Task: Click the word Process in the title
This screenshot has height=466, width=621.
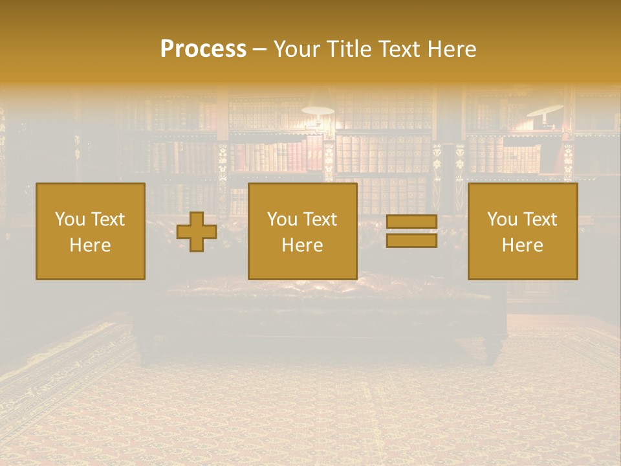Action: pyautogui.click(x=203, y=49)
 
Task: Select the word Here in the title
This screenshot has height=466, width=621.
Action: pyautogui.click(x=449, y=49)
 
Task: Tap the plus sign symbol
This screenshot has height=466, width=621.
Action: pyautogui.click(x=197, y=232)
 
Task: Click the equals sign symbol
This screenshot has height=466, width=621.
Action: pyautogui.click(x=411, y=231)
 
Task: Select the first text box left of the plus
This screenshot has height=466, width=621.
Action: pyautogui.click(x=91, y=231)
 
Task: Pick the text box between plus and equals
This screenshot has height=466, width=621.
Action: pyautogui.click(x=302, y=231)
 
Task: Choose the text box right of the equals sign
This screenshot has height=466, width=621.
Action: pyautogui.click(x=523, y=231)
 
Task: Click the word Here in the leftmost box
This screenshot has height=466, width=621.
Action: pyautogui.click(x=91, y=245)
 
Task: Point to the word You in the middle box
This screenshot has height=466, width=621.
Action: pyautogui.click(x=282, y=219)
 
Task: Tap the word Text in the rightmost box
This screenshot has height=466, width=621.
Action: pyautogui.click(x=540, y=219)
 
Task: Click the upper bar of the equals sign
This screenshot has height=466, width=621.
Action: pyautogui.click(x=411, y=222)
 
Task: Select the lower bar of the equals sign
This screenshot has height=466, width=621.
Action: pyautogui.click(x=411, y=240)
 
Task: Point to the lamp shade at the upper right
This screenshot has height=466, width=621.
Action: pyautogui.click(x=545, y=110)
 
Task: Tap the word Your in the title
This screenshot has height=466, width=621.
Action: pyautogui.click(x=296, y=49)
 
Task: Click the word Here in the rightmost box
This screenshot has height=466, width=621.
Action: pyautogui.click(x=523, y=245)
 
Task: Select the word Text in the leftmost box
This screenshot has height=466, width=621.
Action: pyautogui.click(x=108, y=219)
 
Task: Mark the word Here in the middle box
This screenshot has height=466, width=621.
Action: pyautogui.click(x=302, y=245)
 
